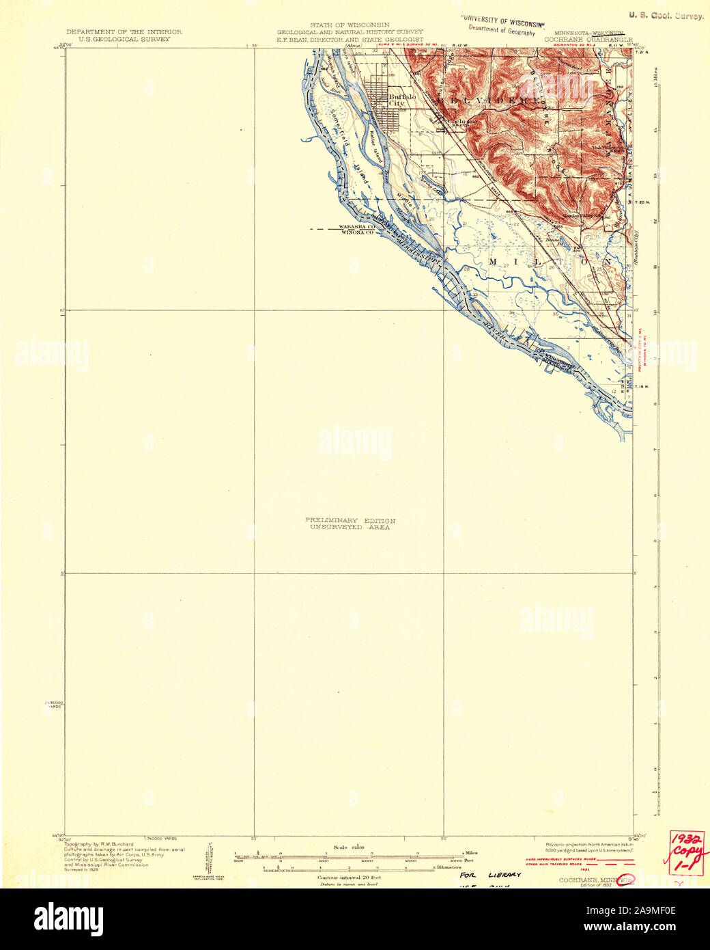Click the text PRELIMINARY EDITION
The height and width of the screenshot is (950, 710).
pos(350,521)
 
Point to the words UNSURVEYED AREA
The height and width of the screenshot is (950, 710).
pos(350,528)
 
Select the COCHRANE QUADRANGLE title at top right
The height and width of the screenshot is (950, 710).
pos(588,40)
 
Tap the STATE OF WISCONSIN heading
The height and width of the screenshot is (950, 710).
pos(350,25)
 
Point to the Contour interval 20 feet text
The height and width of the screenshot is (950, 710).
pos(349,877)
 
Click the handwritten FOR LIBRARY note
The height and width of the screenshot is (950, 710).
pos(489,875)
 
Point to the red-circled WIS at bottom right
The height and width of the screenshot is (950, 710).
pos(625,880)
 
